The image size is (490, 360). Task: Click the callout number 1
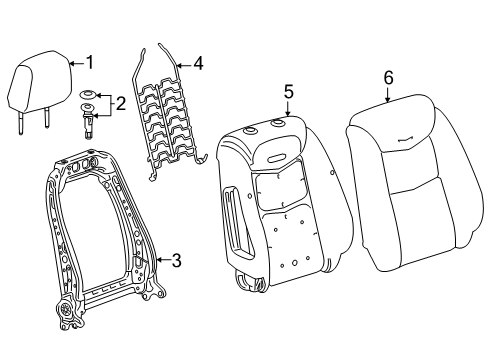89,63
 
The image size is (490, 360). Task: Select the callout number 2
120,104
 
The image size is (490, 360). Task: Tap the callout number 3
176,260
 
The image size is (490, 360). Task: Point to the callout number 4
198,63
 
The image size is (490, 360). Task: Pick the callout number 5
289,92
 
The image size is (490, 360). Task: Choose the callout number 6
388,78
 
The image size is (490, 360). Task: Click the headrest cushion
40,81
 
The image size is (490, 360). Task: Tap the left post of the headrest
21,122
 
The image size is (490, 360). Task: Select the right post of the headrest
47,118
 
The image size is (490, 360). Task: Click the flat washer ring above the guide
89,95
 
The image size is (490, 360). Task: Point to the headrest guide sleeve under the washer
88,121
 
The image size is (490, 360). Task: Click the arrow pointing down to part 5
288,109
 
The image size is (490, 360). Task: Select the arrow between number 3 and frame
163,260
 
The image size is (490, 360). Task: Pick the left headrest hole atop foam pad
251,131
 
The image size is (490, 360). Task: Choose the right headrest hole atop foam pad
277,123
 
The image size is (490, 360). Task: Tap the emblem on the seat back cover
406,139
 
